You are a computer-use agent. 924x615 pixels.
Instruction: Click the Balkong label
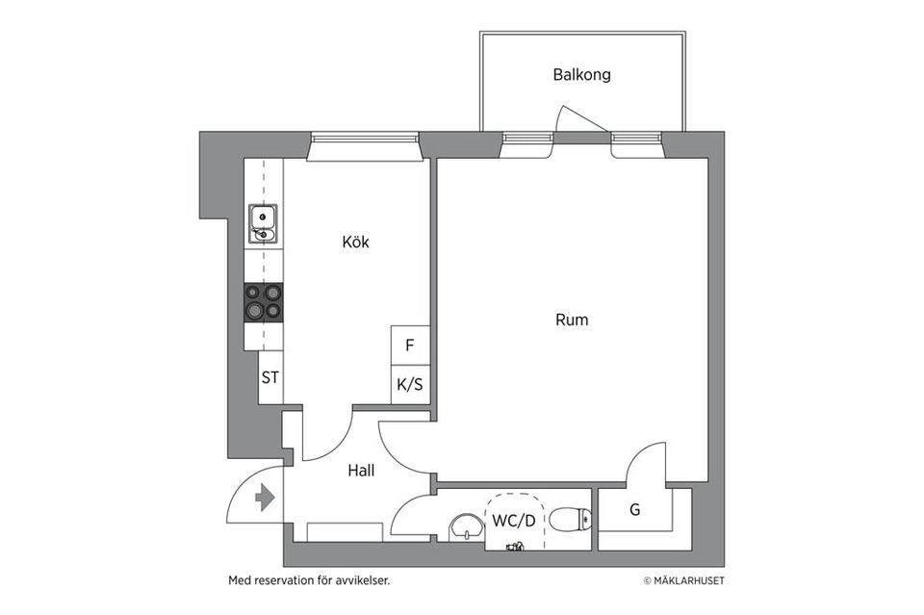pos(581,74)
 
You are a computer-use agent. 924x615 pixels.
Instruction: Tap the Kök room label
pos(355,242)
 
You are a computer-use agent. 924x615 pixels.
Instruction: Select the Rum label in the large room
pos(571,320)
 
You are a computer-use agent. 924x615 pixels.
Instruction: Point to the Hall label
pos(360,471)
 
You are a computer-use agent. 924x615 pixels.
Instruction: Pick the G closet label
pos(634,509)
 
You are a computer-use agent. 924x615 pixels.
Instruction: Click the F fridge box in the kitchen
pos(410,345)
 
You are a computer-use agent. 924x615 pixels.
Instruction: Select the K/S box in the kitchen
pos(410,384)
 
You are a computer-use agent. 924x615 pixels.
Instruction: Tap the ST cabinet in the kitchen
pos(270,377)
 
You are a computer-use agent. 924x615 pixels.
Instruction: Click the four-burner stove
pos(264,301)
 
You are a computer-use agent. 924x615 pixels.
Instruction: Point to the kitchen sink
pos(263,223)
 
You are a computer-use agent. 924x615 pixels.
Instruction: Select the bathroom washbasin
pos(467,525)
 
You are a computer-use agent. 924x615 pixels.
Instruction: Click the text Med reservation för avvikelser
pos(308,580)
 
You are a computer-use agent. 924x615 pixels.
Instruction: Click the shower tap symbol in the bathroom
pos(515,547)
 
